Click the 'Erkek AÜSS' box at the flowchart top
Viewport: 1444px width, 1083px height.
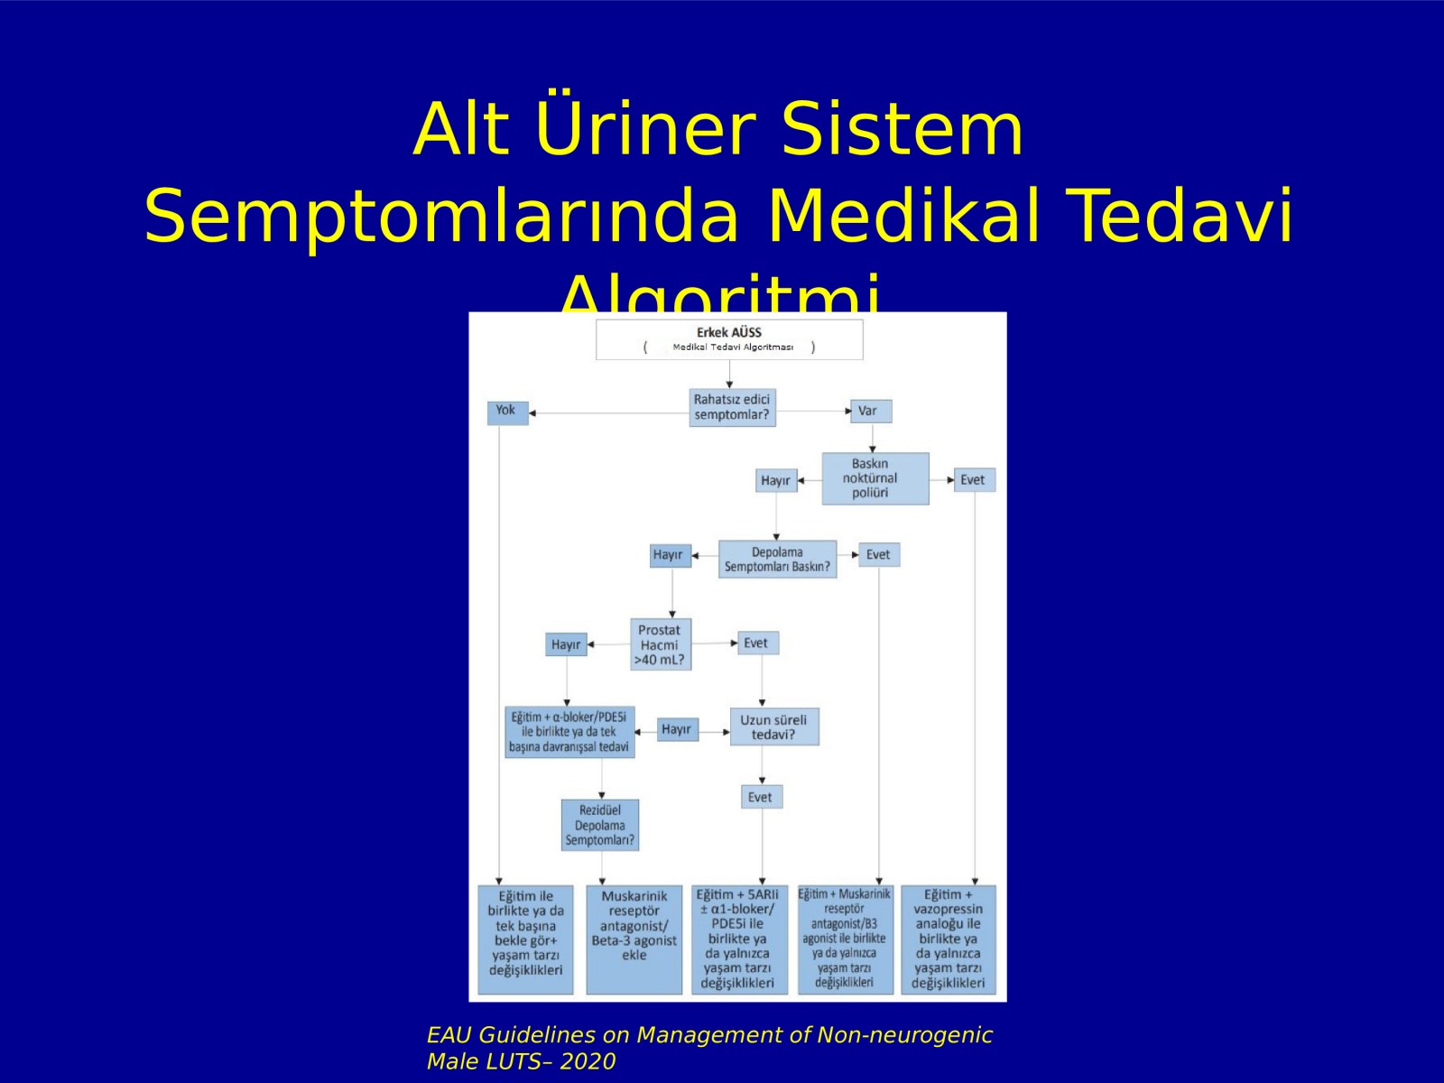click(729, 339)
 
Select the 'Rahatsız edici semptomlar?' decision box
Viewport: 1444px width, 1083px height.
click(731, 407)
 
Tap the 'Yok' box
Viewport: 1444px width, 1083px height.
click(506, 412)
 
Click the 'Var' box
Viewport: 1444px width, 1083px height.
click(869, 411)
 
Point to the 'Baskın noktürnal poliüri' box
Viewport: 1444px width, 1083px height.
click(874, 478)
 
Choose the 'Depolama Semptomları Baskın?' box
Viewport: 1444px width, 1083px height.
click(777, 560)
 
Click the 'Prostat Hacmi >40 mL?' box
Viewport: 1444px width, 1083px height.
click(660, 644)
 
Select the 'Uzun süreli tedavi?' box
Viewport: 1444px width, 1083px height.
click(773, 727)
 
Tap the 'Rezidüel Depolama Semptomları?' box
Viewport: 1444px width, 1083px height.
click(599, 825)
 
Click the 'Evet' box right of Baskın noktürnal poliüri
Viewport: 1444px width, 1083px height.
click(973, 479)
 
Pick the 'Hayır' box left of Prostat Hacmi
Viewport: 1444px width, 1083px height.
click(566, 644)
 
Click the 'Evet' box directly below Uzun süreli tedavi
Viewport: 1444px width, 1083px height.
click(760, 797)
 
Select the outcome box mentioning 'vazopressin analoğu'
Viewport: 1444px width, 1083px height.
click(948, 939)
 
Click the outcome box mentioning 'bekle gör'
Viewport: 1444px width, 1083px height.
click(525, 939)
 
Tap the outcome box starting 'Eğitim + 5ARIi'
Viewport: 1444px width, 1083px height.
click(738, 939)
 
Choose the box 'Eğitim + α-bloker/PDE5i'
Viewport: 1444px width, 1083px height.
click(569, 732)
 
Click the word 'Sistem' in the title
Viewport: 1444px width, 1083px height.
click(902, 128)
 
